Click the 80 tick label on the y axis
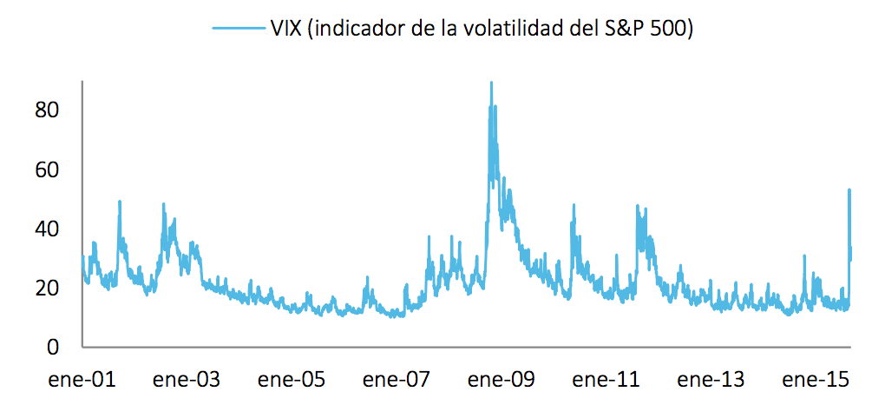click(x=46, y=110)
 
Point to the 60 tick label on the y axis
click(x=46, y=169)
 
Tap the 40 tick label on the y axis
click(x=46, y=229)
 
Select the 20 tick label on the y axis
click(x=46, y=288)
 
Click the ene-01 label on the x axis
click(x=82, y=380)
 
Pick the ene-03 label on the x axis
click(x=187, y=380)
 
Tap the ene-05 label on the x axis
click(x=292, y=380)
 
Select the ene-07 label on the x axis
click(x=397, y=380)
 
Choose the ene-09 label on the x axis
click(x=501, y=380)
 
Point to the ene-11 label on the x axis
click(x=606, y=380)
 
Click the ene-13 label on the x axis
click(x=711, y=380)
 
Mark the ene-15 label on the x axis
click(x=816, y=380)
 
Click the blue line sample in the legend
click(x=237, y=29)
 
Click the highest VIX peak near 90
click(x=491, y=83)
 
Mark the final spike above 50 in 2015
click(x=849, y=190)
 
